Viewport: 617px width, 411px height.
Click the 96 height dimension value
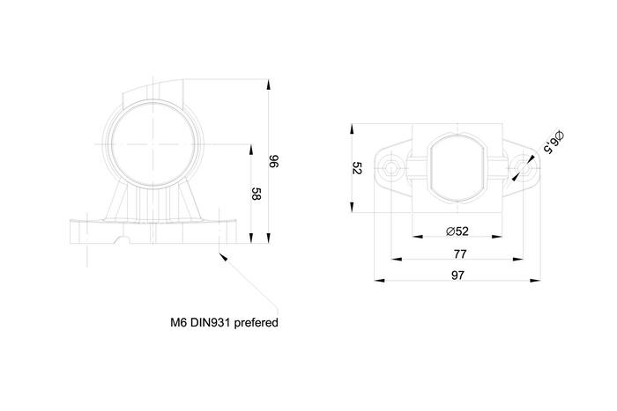[273, 160]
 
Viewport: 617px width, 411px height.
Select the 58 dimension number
[256, 194]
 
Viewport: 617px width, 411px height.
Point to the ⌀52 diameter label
[457, 231]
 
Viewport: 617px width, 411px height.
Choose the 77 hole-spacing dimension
[459, 253]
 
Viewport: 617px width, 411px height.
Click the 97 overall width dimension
[457, 275]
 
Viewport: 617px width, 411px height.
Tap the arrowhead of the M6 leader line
[222, 255]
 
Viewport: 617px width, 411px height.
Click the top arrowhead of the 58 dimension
[254, 141]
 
